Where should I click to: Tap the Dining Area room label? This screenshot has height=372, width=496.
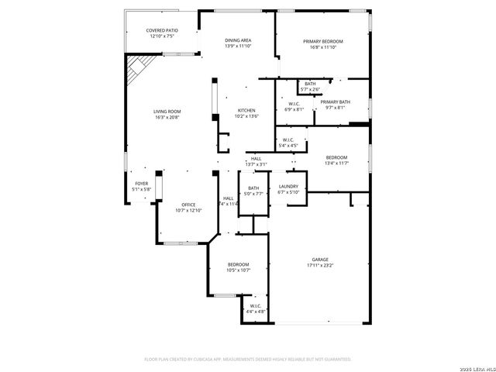click(238, 40)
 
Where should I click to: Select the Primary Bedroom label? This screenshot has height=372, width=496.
click(323, 41)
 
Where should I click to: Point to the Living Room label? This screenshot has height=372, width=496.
click(167, 112)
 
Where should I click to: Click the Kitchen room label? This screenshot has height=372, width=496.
click(246, 111)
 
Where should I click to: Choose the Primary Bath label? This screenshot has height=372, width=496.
click(336, 102)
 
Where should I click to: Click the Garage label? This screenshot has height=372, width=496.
click(320, 259)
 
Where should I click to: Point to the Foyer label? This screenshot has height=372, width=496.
click(140, 183)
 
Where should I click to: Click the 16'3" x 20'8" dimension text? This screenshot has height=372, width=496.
click(167, 118)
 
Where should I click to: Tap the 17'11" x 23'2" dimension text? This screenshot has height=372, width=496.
click(320, 265)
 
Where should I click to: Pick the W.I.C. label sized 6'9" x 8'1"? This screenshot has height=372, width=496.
click(294, 103)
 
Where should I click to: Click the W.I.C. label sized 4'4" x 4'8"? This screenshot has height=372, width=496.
click(256, 307)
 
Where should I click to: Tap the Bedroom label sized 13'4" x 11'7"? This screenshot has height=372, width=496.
click(337, 157)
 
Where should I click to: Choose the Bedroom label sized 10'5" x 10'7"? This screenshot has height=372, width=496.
click(238, 265)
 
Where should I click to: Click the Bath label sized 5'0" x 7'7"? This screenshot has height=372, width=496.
click(253, 188)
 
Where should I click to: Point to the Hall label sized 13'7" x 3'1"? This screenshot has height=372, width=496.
click(256, 159)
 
